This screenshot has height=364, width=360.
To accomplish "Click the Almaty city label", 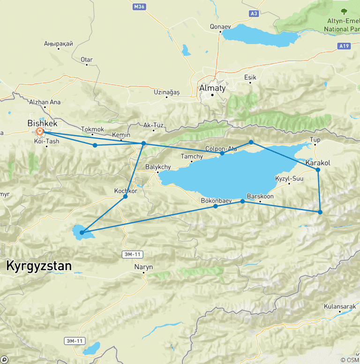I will [212, 88].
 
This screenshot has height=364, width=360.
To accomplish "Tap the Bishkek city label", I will [43, 123].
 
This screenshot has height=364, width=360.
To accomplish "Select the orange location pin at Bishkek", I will [40, 132].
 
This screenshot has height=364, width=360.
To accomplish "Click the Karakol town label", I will [318, 163].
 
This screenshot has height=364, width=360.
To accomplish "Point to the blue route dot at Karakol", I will [318, 169].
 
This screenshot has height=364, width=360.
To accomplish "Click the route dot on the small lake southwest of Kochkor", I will [82, 232].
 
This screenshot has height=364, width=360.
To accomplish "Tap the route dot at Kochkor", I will [125, 197].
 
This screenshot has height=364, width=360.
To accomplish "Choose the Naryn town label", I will [143, 267].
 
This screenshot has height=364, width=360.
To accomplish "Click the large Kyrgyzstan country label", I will [39, 266].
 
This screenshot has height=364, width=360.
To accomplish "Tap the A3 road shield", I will [254, 14].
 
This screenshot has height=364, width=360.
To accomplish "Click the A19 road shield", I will [344, 46].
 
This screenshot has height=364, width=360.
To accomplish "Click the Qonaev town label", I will [221, 27].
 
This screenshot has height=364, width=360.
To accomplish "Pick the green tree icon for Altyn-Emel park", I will [344, 11].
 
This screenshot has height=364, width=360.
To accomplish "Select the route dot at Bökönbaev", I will [215, 206].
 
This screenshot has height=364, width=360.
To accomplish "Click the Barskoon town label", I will [260, 197].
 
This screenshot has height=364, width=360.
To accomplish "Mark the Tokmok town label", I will [92, 129].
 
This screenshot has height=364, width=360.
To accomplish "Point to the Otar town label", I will [87, 60].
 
